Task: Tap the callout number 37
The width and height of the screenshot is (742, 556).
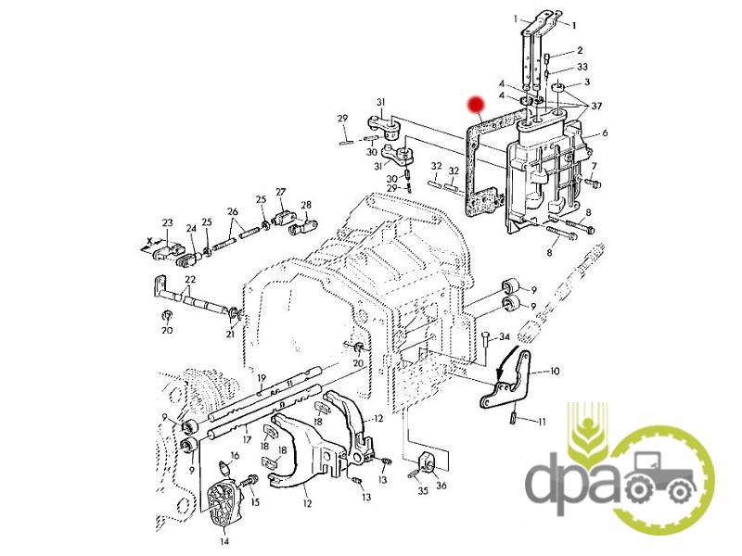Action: (596, 106)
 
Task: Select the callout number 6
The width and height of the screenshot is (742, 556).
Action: (605, 133)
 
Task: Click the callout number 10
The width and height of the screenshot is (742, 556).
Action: (554, 372)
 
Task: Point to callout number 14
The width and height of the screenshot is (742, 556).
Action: (224, 541)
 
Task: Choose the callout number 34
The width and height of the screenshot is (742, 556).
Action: (504, 337)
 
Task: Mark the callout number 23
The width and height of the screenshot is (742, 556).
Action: (168, 222)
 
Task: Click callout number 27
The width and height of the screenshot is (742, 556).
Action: (281, 192)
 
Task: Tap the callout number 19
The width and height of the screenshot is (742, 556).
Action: (262, 378)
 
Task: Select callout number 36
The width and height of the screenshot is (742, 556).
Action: (441, 486)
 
